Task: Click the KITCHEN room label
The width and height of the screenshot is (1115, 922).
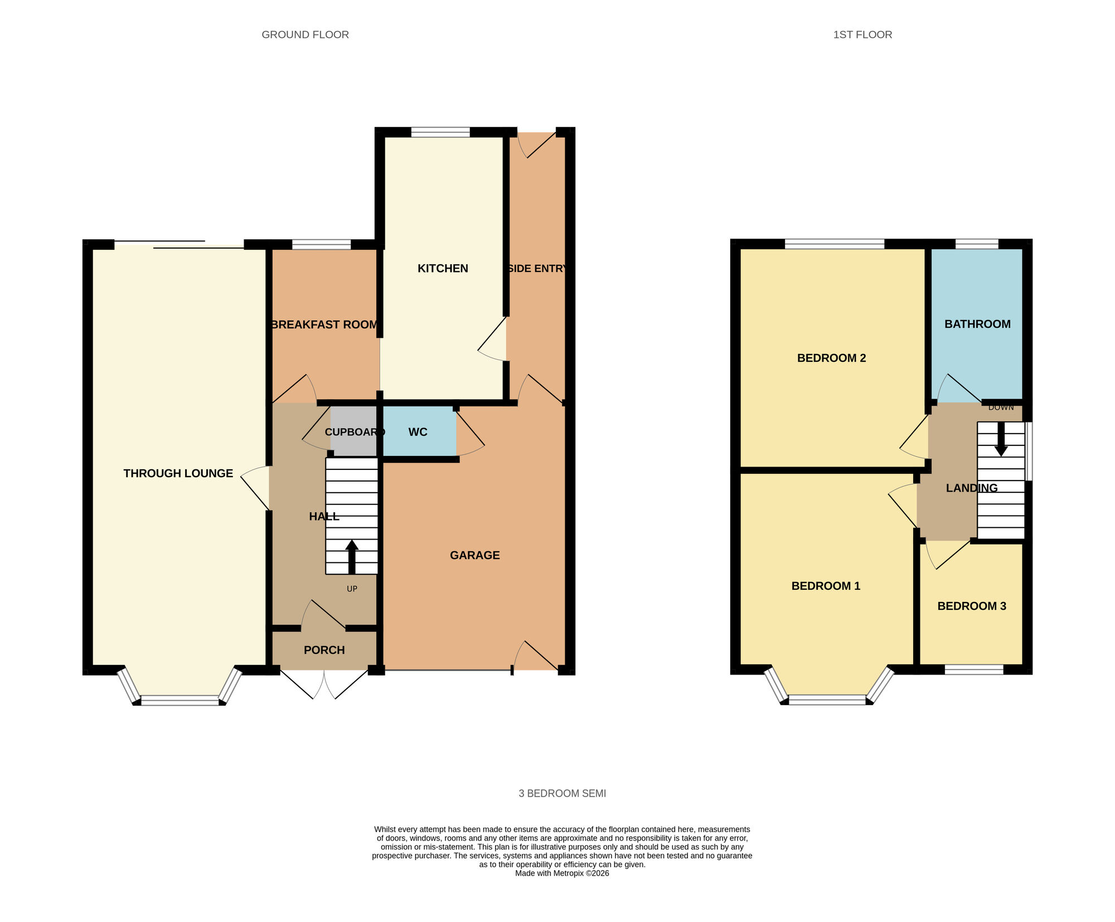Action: point(443,268)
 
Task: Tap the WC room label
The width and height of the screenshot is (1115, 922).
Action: point(418,432)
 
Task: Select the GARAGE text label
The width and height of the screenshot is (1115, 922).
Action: point(474,555)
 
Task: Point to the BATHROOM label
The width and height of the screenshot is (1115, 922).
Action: point(977,324)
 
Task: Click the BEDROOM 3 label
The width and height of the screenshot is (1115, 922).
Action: point(972,606)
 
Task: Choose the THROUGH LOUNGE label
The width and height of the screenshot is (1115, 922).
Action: point(178,473)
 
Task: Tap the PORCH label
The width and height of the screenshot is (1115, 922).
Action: point(324,650)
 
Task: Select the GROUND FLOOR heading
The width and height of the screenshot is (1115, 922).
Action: point(305,35)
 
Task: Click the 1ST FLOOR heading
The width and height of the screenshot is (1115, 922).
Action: point(862,35)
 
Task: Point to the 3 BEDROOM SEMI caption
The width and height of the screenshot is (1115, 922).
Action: point(562,793)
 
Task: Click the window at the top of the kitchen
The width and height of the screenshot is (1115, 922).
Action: point(440,132)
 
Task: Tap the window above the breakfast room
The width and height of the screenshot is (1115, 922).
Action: point(321,244)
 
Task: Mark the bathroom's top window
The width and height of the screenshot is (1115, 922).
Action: point(977,244)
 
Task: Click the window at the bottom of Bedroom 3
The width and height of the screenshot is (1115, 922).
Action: point(974,669)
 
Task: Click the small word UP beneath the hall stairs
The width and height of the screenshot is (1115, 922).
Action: point(352,589)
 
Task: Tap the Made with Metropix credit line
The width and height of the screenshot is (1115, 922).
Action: point(562,874)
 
